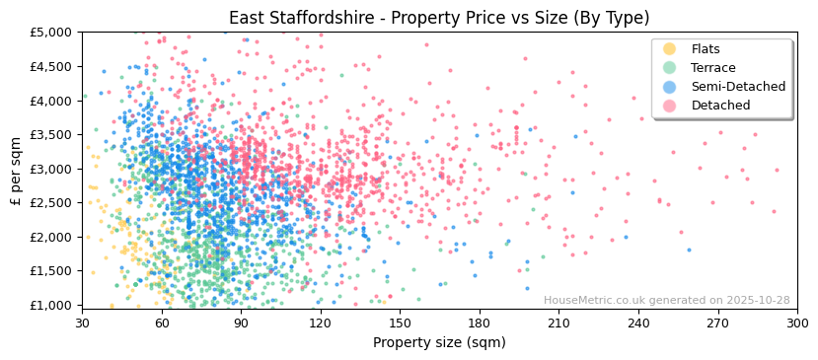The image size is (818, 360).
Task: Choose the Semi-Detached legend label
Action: click(738, 87)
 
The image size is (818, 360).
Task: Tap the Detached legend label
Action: click(720, 106)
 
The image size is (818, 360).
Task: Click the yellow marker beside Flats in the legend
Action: click(670, 49)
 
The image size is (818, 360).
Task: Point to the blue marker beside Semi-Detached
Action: click(670, 87)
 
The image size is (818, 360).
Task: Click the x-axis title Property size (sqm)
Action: click(439, 343)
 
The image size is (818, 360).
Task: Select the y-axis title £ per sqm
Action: click(16, 169)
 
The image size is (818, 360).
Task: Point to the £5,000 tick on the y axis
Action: click(51, 33)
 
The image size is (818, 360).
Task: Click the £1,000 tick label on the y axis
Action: click(51, 306)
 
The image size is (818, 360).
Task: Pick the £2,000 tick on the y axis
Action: click(51, 238)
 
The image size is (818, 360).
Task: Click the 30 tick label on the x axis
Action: click(82, 323)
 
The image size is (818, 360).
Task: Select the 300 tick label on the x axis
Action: click(797, 323)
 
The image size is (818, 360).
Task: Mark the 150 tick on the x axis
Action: click(400, 323)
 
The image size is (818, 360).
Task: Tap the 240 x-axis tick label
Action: click(638, 323)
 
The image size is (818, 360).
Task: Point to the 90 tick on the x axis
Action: click(241, 323)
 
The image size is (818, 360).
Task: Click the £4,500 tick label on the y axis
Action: click(51, 67)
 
